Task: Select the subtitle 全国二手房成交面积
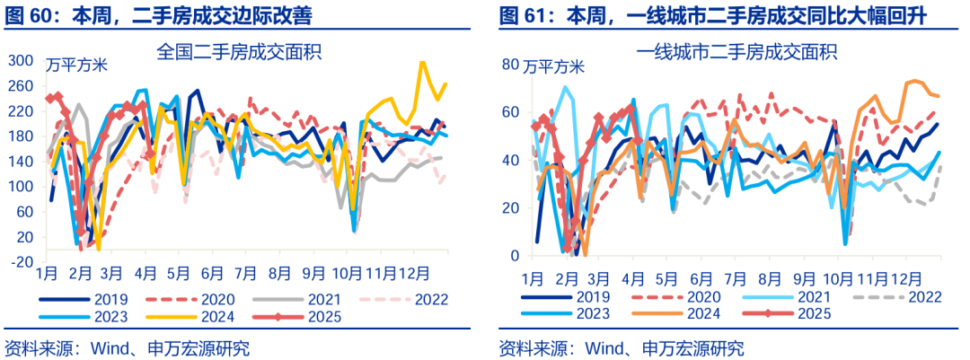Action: click(x=239, y=52)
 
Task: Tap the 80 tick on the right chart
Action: click(x=512, y=65)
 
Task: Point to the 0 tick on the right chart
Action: click(x=516, y=256)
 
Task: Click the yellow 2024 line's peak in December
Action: click(x=423, y=63)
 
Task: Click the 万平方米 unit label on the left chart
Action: click(x=75, y=65)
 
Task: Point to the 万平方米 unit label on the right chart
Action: click(x=554, y=66)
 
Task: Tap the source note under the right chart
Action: click(x=621, y=347)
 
